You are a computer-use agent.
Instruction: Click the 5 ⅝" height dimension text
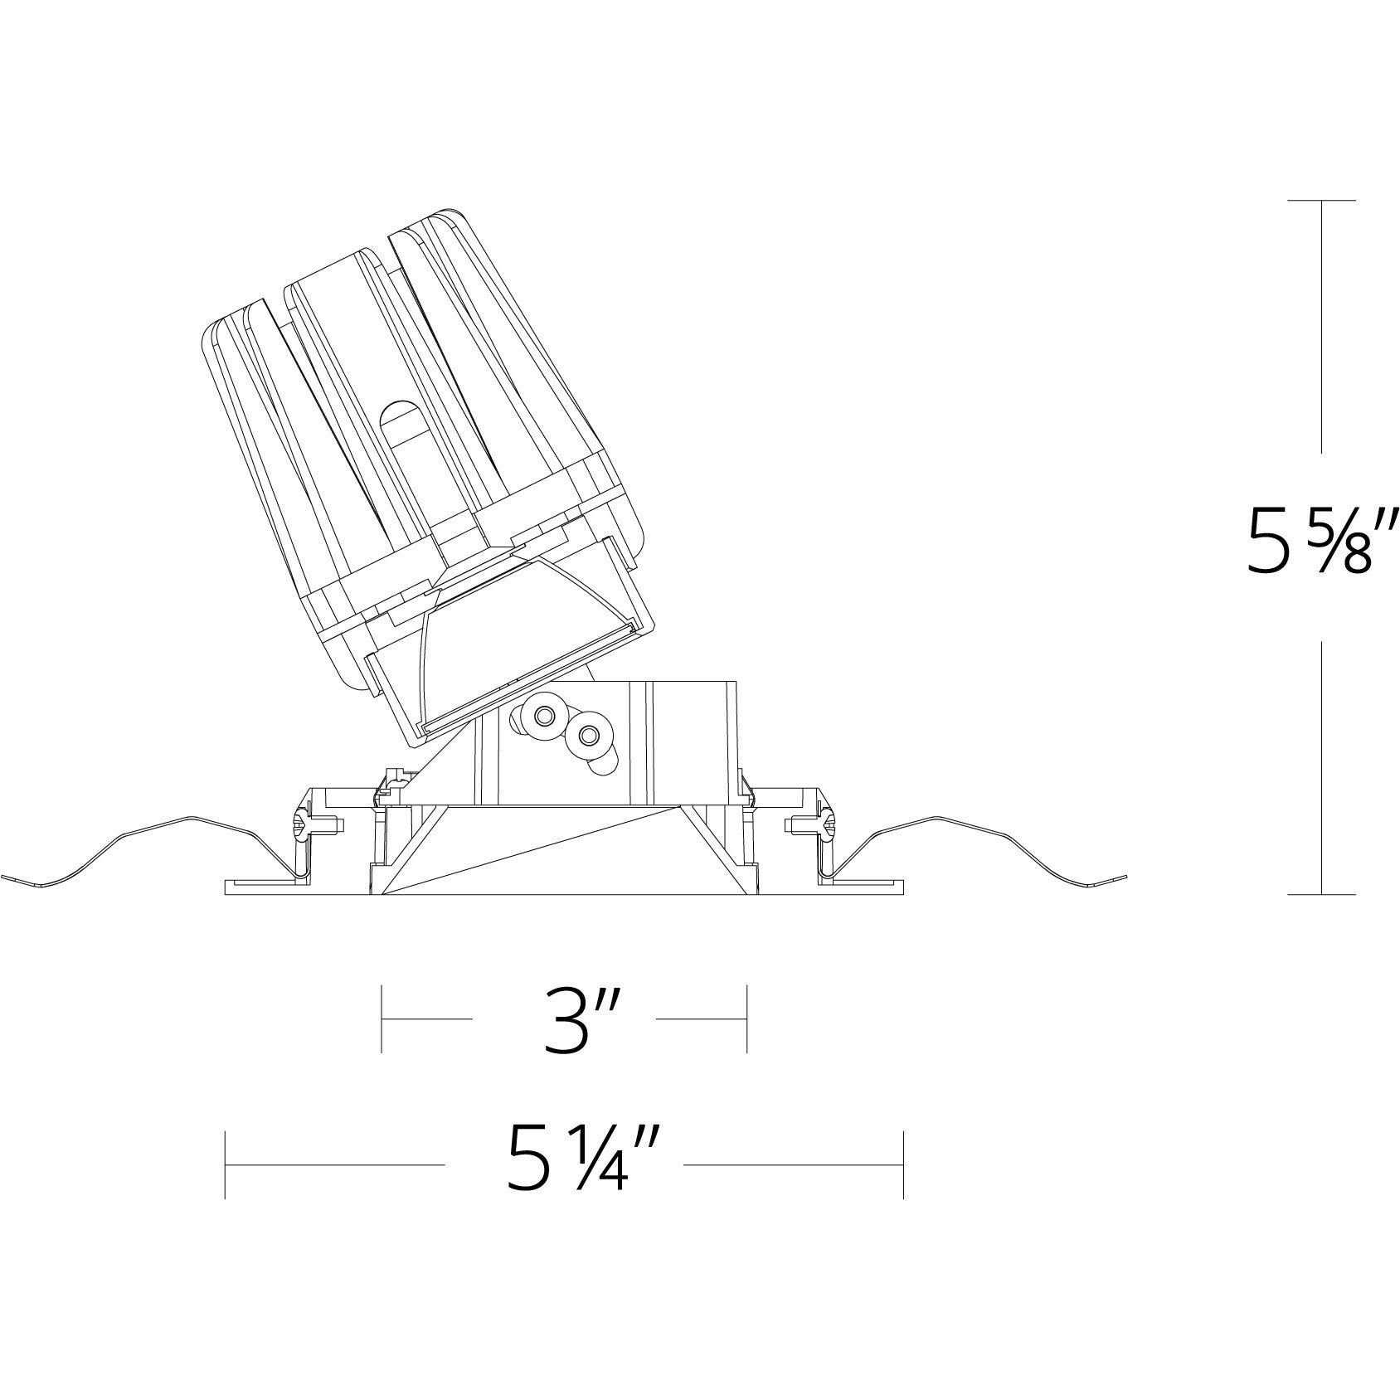1322,547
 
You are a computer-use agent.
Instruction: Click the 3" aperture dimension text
565,1018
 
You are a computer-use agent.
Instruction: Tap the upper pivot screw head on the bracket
545,715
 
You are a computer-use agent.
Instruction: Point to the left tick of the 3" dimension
381,1018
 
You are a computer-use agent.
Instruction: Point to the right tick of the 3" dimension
747,1018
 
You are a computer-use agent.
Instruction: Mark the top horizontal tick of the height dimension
1322,201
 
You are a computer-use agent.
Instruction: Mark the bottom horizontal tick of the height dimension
1322,895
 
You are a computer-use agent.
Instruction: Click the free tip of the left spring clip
5,877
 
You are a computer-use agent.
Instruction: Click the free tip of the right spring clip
1125,878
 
